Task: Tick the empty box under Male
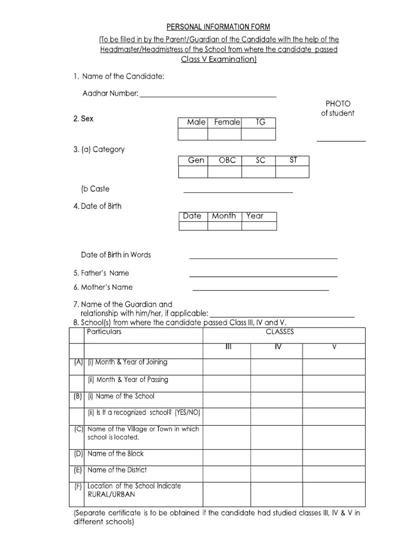point(193,134)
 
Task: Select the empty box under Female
point(224,134)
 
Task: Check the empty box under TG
point(258,134)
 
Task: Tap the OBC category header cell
point(224,160)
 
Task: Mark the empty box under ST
point(292,172)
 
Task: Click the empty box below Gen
point(193,172)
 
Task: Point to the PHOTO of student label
point(338,108)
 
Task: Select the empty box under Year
point(259,226)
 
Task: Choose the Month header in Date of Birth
point(224,216)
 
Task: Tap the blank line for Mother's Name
point(261,290)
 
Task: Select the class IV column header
point(278,347)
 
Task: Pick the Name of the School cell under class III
point(227,399)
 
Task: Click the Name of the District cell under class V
point(334,473)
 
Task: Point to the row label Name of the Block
point(115,454)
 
